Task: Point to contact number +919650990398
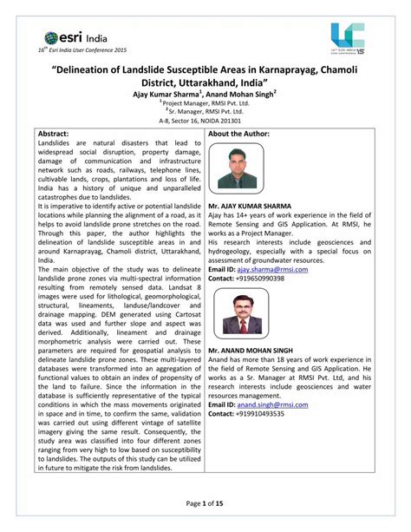point(266,278)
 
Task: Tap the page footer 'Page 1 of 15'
point(205,504)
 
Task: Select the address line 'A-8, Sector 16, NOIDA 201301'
point(205,121)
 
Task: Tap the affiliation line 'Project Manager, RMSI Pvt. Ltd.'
point(207,102)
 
